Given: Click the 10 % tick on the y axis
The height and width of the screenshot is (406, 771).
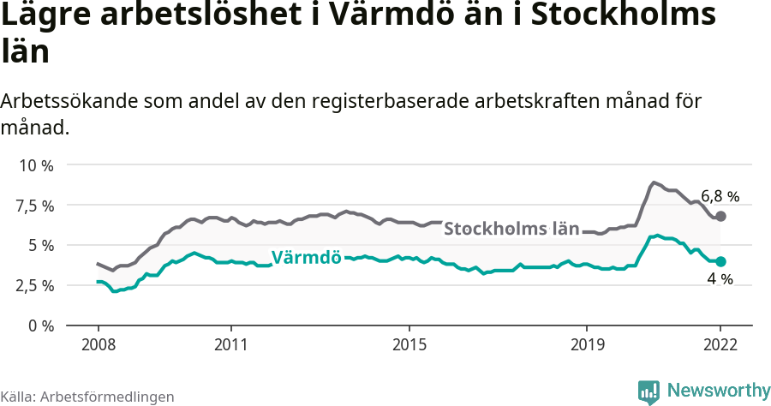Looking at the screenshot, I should [x=37, y=165].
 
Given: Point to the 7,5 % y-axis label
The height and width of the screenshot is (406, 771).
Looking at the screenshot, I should [x=35, y=206].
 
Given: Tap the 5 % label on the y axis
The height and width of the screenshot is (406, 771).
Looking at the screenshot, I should [x=42, y=245].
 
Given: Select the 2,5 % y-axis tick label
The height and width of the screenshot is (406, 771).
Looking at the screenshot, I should [x=35, y=285].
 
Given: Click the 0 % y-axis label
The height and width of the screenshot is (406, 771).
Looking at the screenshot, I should [x=42, y=325].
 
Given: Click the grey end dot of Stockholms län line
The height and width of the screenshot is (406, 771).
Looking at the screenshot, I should [x=720, y=217].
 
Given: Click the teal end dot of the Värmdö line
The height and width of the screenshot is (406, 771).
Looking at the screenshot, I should [x=720, y=261].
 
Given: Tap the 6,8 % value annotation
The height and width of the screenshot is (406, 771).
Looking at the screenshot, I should [x=720, y=196].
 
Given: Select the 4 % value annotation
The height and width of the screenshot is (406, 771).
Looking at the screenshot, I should [x=720, y=279].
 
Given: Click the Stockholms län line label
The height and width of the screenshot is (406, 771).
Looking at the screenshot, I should [x=511, y=230].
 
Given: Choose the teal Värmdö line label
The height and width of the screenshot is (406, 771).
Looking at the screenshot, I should [x=307, y=257].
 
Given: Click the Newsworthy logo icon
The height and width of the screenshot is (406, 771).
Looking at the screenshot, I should [x=648, y=391].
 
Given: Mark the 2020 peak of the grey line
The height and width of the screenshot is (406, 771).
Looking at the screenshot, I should [x=654, y=182].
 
